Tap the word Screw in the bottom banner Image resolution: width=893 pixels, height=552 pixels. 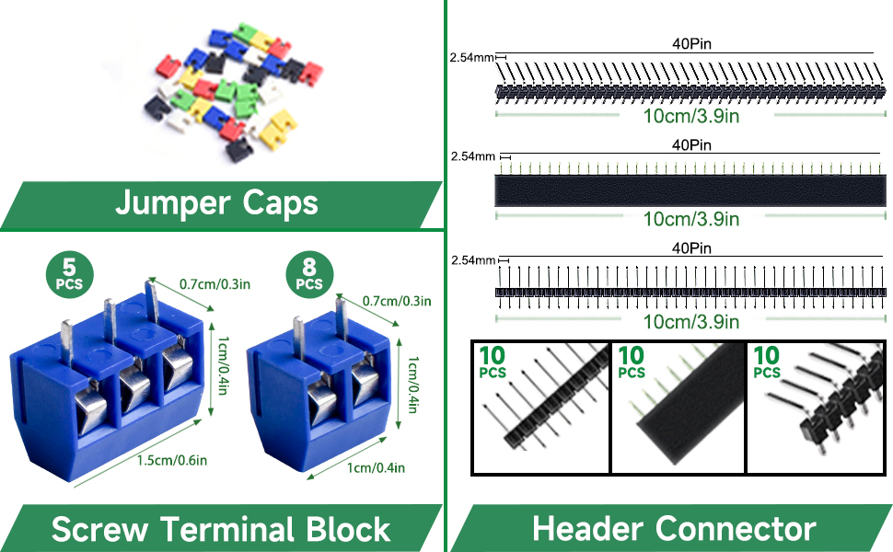coord(99,529)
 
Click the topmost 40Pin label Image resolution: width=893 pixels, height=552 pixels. coord(692,43)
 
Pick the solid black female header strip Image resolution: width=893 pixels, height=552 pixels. coord(690,190)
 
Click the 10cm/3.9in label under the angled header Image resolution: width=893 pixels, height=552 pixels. coord(692,117)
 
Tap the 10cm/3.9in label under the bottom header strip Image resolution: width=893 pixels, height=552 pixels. coord(692,321)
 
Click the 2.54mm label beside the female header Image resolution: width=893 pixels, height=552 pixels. coord(472,156)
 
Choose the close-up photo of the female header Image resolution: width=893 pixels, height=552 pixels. coord(678,408)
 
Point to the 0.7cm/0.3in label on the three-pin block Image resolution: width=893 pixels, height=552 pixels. coord(215,284)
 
